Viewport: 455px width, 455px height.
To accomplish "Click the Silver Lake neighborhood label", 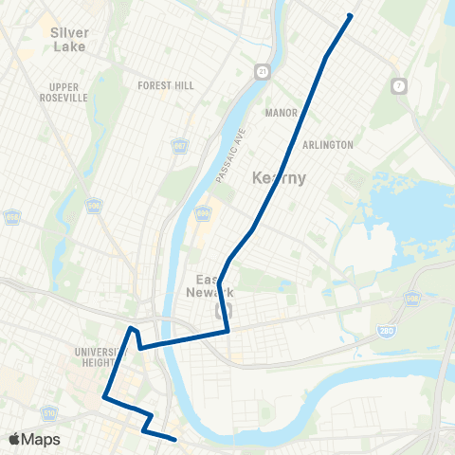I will click(x=68, y=39).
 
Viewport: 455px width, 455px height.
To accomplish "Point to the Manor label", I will click(x=282, y=111).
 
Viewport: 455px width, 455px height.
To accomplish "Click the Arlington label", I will click(x=327, y=145).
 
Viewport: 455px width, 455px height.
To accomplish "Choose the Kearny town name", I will click(x=280, y=177).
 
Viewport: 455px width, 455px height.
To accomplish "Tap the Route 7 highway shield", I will click(x=400, y=86).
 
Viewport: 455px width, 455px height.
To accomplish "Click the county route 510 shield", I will click(x=49, y=414).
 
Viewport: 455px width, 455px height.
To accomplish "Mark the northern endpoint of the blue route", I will click(x=351, y=15).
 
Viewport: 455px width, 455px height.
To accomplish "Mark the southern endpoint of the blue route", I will click(x=175, y=439).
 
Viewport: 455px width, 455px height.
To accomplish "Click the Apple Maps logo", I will click(x=34, y=440).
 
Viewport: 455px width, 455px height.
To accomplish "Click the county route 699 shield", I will click(x=202, y=211).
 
